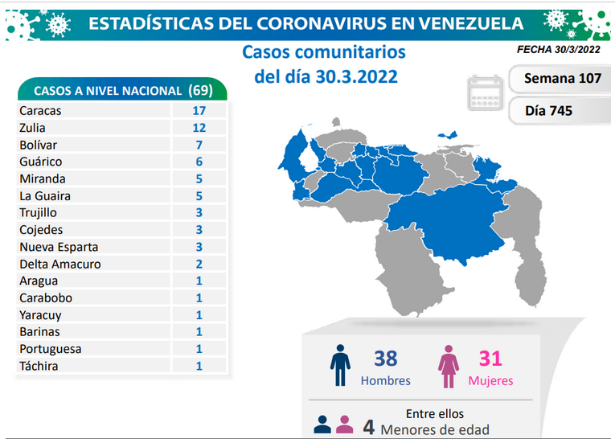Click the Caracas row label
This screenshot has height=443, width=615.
[40, 111]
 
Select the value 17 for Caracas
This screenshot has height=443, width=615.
[199, 111]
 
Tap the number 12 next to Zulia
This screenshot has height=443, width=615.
[199, 128]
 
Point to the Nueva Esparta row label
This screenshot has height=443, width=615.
[59, 247]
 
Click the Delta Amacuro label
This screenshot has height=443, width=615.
[60, 264]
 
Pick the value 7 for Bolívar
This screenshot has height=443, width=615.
[199, 146]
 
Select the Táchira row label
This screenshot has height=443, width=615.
[39, 366]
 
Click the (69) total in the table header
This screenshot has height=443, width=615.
[200, 90]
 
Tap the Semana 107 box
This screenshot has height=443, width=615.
[560, 79]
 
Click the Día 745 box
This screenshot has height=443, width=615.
[560, 111]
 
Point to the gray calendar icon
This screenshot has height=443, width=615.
[485, 92]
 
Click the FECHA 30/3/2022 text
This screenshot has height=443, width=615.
[559, 49]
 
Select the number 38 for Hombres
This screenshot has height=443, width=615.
[386, 359]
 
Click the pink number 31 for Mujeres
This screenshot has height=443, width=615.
[490, 359]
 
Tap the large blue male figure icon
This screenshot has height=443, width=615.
[340, 366]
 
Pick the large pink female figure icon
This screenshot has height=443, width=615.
[449, 367]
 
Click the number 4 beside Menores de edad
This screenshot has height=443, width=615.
[368, 427]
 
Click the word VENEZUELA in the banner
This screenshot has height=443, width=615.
[470, 23]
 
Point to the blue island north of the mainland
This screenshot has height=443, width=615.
[448, 135]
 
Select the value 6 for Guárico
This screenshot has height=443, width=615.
[199, 162]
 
